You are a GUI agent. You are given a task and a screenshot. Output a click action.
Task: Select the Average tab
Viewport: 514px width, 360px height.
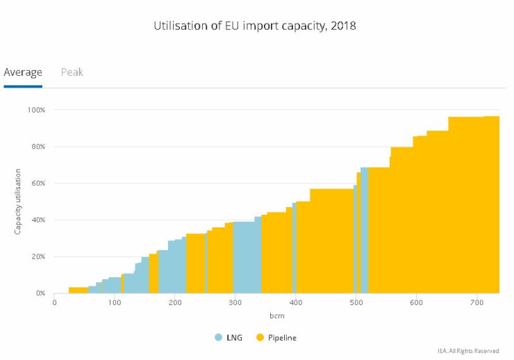pyautogui.click(x=23, y=72)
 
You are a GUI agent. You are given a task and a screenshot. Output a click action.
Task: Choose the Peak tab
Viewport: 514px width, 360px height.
pyautogui.click(x=72, y=72)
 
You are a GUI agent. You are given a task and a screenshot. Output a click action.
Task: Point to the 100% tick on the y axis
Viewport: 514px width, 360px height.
pyautogui.click(x=36, y=110)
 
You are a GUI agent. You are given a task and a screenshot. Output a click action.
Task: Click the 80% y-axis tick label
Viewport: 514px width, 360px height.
pyautogui.click(x=38, y=147)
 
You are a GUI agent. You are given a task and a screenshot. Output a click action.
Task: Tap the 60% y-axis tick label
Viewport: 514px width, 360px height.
pyautogui.click(x=38, y=183)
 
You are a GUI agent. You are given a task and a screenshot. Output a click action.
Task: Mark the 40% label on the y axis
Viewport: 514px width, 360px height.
pyautogui.click(x=38, y=220)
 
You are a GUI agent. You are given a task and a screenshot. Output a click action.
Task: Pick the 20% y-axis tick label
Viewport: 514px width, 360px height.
pyautogui.click(x=38, y=256)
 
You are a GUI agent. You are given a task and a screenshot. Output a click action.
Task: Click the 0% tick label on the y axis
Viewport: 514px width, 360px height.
pyautogui.click(x=40, y=293)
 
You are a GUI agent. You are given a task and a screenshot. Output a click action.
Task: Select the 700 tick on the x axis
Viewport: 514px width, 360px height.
pyautogui.click(x=476, y=304)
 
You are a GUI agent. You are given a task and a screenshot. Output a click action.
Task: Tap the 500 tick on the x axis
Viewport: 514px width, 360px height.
pyautogui.click(x=356, y=304)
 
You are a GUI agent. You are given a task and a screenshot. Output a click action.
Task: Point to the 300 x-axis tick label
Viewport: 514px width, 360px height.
pyautogui.click(x=235, y=304)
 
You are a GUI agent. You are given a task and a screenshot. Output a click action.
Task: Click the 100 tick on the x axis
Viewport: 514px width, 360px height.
pyautogui.click(x=115, y=304)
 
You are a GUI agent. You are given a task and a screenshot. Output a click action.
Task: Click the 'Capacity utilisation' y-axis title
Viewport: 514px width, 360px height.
pyautogui.click(x=18, y=201)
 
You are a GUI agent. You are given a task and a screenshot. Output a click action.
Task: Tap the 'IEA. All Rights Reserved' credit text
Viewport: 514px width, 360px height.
pyautogui.click(x=468, y=351)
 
